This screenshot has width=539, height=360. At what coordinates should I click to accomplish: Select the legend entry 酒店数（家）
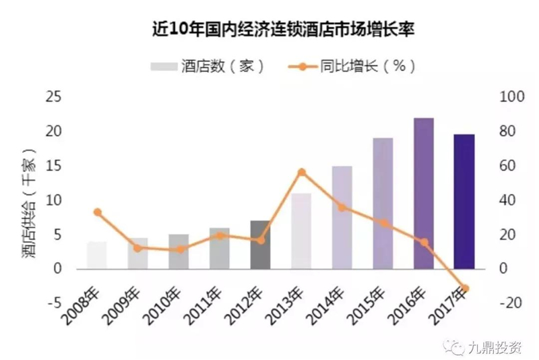pyautogui.click(x=206, y=66)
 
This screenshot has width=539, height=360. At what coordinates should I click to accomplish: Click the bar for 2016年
pyautogui.click(x=424, y=194)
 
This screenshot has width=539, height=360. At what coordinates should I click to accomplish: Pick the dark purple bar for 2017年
pyautogui.click(x=464, y=202)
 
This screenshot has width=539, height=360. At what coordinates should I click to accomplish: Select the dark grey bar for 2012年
pyautogui.click(x=260, y=244)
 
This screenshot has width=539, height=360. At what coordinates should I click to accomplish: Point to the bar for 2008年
pyautogui.click(x=97, y=255)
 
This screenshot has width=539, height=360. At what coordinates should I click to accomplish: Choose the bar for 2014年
pyautogui.click(x=342, y=217)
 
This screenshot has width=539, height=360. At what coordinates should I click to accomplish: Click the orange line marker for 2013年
pyautogui.click(x=302, y=173)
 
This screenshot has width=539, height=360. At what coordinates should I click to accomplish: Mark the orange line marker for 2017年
pyautogui.click(x=465, y=289)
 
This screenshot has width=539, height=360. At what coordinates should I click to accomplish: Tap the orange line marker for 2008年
pyautogui.click(x=97, y=212)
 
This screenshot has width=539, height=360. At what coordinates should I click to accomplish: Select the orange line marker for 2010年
pyautogui.click(x=179, y=249)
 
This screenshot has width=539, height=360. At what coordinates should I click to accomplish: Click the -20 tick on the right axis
pyautogui.click(x=511, y=303)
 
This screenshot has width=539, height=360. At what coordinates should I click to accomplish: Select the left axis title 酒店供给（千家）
pyautogui.click(x=28, y=202)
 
